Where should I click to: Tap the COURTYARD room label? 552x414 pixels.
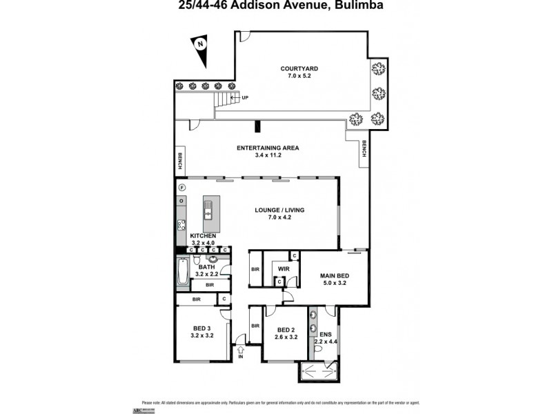click(299, 68)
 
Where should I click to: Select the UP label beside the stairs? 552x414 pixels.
click(244, 98)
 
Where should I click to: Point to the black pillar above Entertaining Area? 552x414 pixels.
click(257, 126)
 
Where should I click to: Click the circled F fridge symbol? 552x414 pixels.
click(181, 188)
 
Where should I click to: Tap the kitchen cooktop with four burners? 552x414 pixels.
click(181, 224)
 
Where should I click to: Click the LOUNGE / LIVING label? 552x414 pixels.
click(279, 210)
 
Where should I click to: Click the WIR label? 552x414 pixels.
click(282, 268)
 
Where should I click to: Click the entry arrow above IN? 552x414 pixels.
click(241, 350)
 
